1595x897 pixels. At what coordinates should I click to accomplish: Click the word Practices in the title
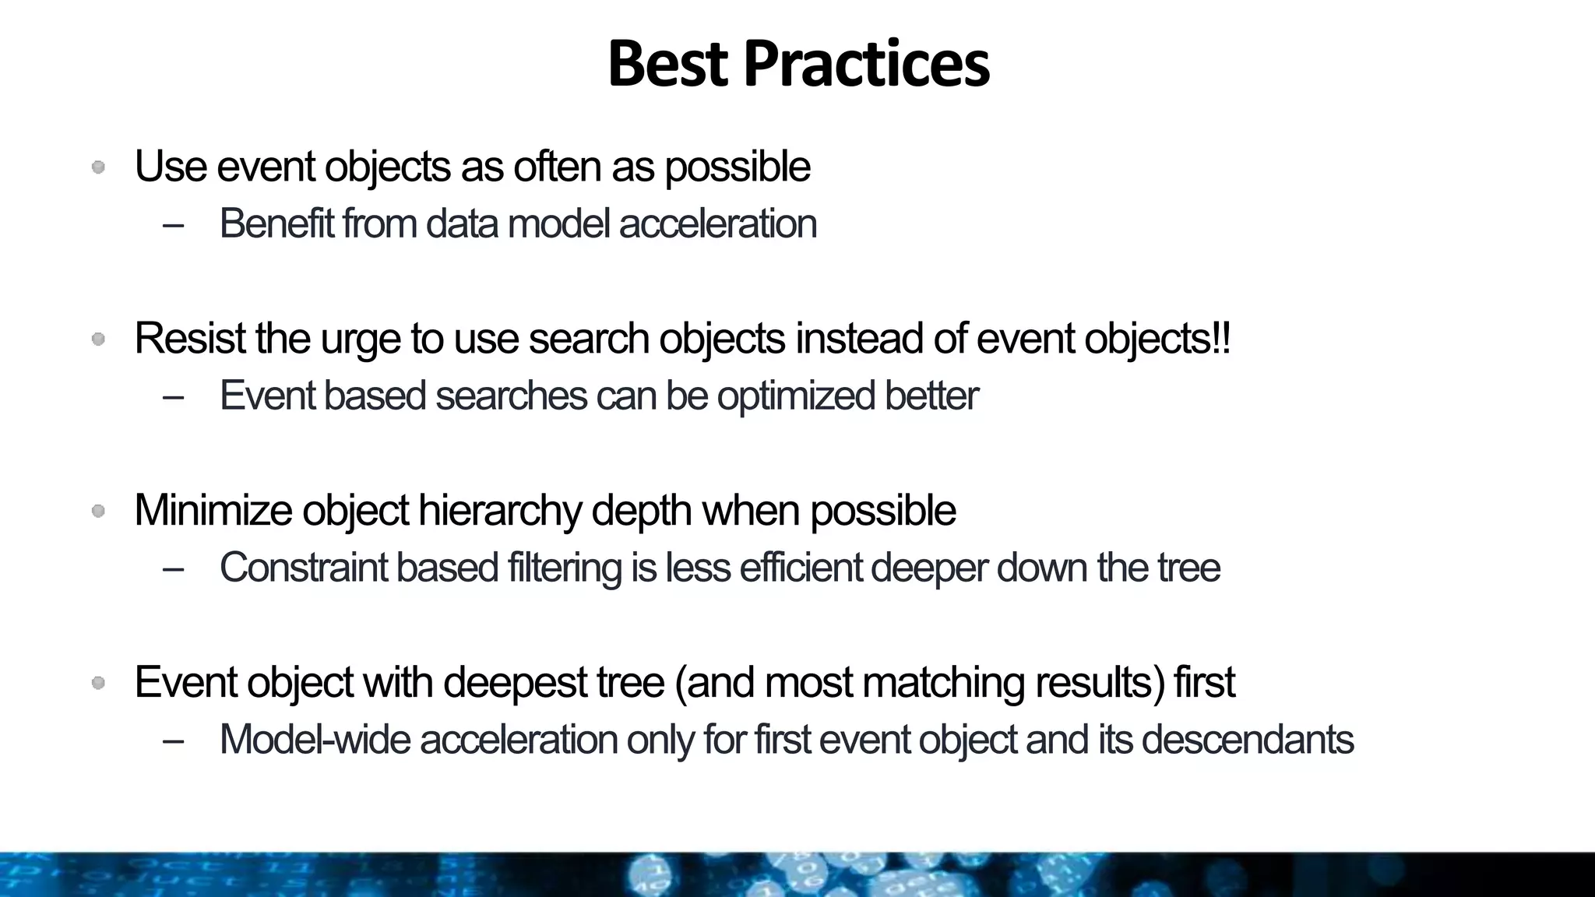866,64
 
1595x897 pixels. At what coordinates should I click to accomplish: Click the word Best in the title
667,64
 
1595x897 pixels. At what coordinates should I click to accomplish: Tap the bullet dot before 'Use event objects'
98,167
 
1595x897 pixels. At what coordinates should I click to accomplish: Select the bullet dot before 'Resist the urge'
98,339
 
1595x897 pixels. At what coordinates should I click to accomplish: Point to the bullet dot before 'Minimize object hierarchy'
98,511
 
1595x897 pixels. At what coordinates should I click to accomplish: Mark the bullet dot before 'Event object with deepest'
98,683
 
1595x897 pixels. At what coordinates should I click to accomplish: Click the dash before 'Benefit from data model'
174,225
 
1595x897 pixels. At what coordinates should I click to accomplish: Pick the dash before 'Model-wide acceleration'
174,740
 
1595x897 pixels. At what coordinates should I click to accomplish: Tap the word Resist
189,339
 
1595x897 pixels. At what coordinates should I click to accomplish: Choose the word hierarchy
499,511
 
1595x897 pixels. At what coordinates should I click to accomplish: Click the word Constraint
303,568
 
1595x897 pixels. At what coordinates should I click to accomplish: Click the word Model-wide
315,740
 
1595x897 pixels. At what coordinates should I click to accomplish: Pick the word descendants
1247,740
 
